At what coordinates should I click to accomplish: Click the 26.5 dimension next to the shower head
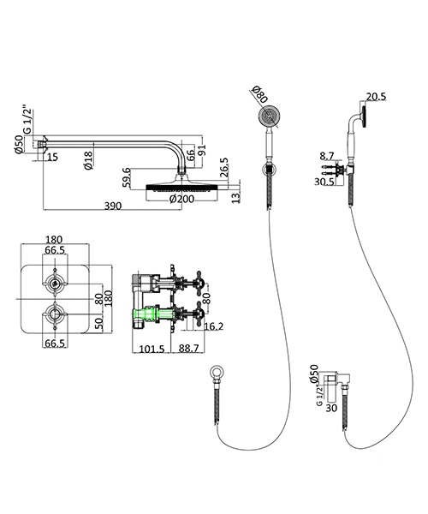coord(224,164)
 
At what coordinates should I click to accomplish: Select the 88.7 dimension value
coord(187,349)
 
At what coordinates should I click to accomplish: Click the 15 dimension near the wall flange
coord(53,156)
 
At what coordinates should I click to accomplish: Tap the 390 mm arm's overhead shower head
coord(182,186)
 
